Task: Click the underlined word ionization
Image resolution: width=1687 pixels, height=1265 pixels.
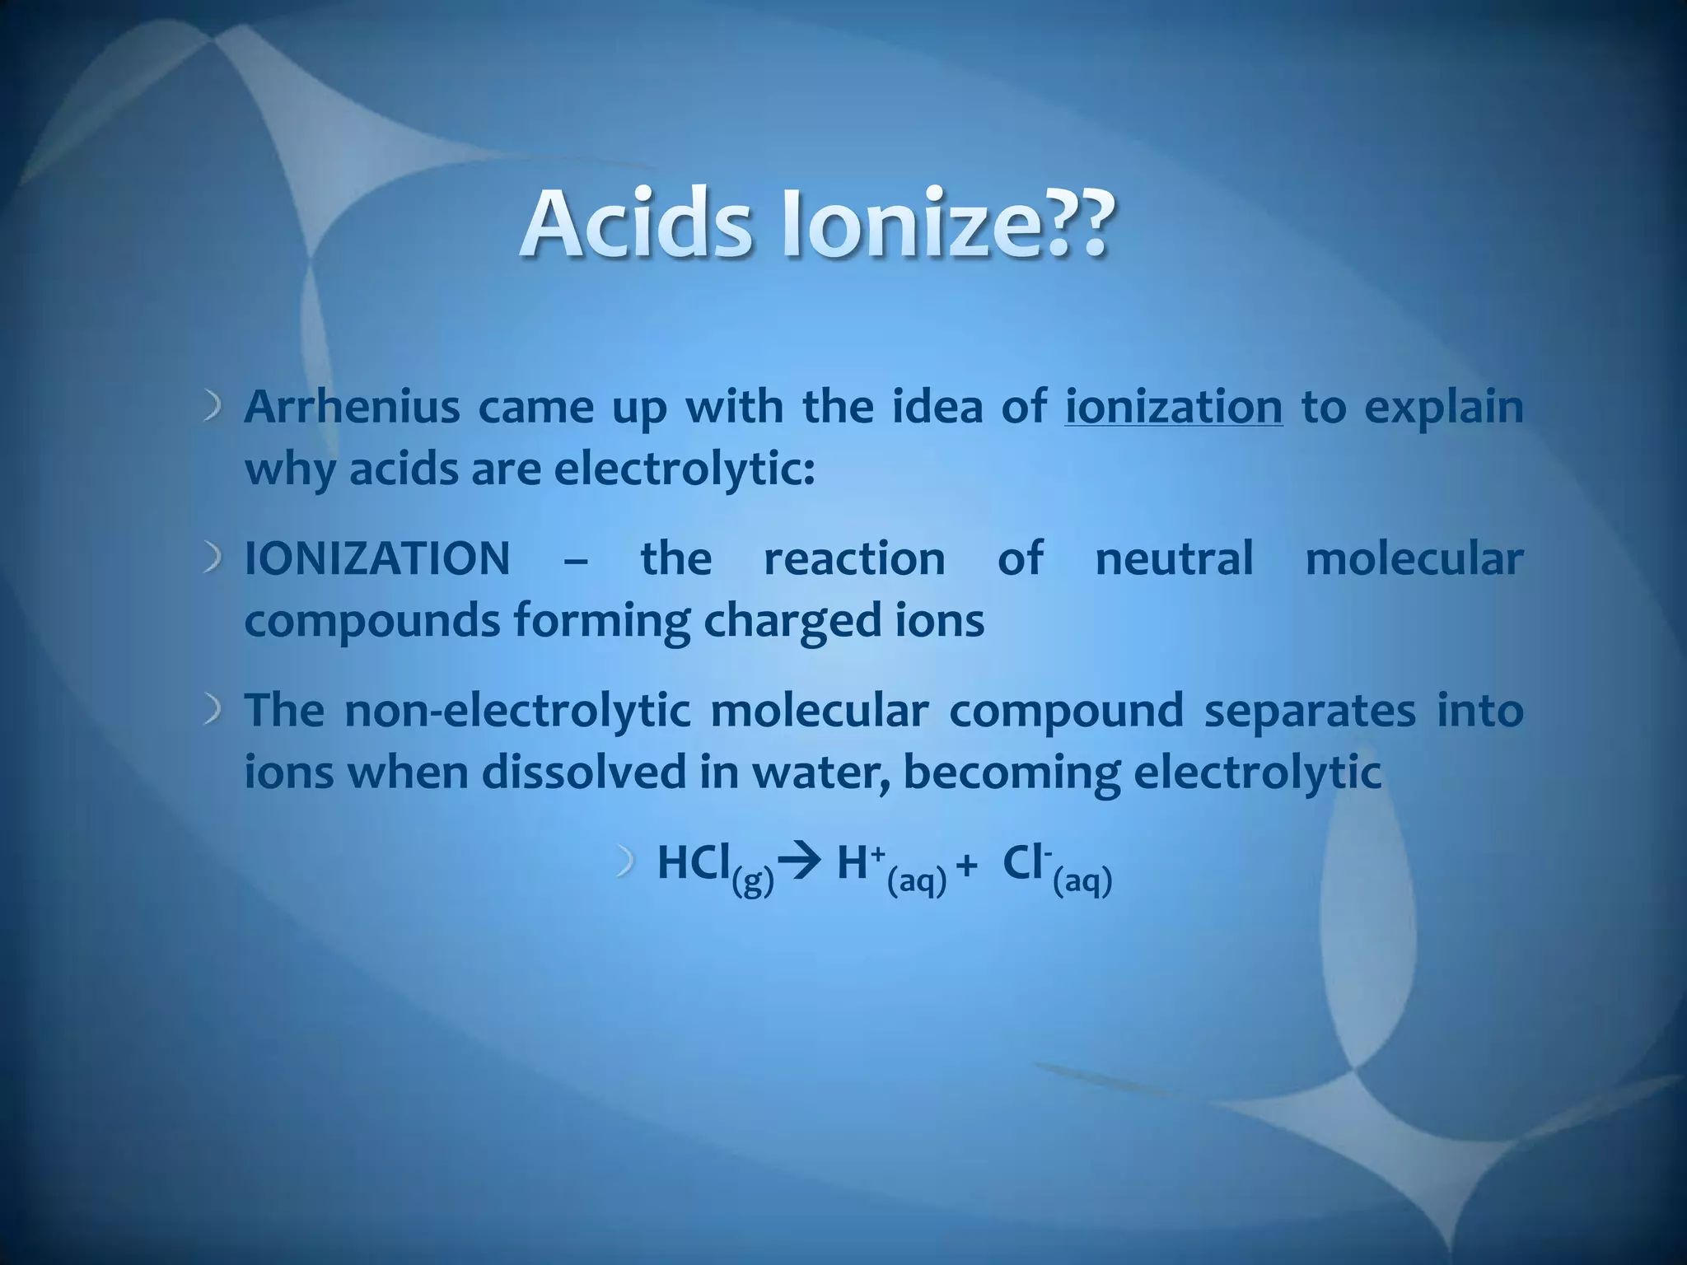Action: [1173, 407]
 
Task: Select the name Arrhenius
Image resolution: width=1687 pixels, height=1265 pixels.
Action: [352, 407]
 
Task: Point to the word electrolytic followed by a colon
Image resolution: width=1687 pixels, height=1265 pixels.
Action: [684, 469]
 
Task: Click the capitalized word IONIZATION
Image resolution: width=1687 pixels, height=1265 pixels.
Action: [377, 558]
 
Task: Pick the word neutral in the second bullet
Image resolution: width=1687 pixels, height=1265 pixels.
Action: [1174, 558]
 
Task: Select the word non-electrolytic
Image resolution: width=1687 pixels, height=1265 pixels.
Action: [517, 710]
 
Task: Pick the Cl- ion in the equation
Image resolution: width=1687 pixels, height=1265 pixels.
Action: [1026, 863]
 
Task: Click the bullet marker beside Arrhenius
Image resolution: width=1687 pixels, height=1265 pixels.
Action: [213, 407]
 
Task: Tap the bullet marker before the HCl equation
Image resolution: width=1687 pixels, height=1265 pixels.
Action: [626, 864]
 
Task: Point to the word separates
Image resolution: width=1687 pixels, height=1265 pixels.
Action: [1310, 710]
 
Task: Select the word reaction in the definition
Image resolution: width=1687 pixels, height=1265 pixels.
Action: [854, 558]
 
